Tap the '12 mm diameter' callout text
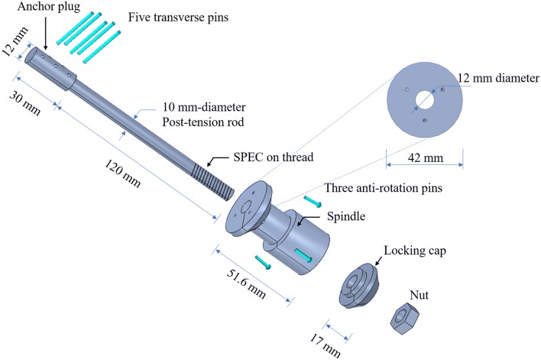pyautogui.click(x=497, y=78)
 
